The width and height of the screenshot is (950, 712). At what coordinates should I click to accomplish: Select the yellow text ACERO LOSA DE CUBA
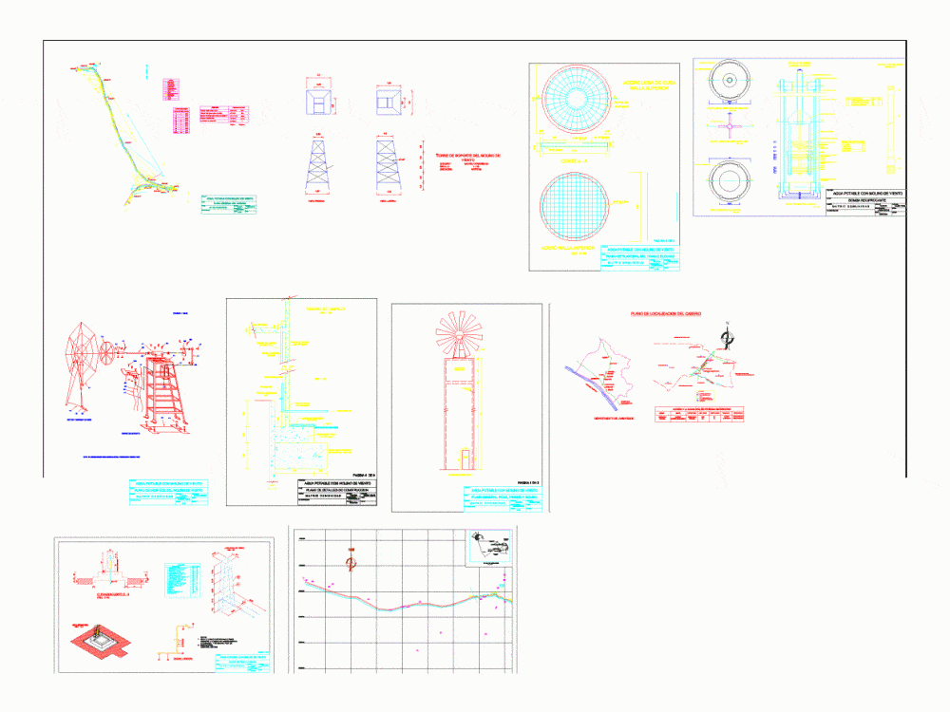tap(649, 87)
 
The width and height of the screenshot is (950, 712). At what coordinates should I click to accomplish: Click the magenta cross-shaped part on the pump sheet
tap(730, 125)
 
